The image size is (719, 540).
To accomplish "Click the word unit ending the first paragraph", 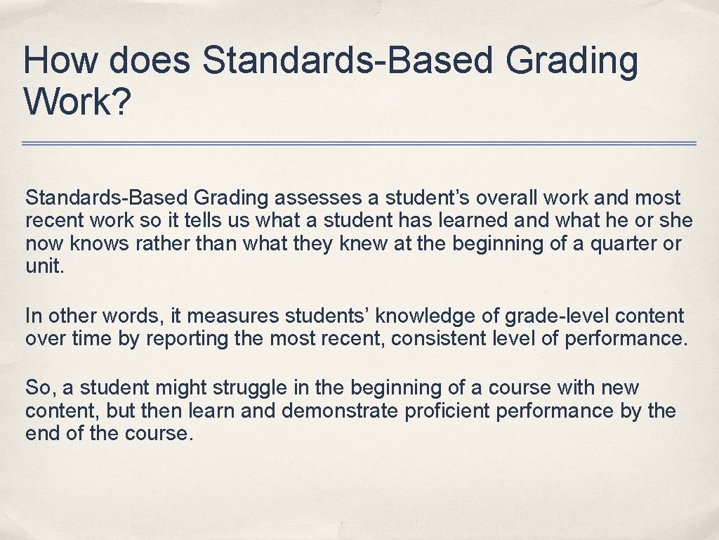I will click(42, 267).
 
